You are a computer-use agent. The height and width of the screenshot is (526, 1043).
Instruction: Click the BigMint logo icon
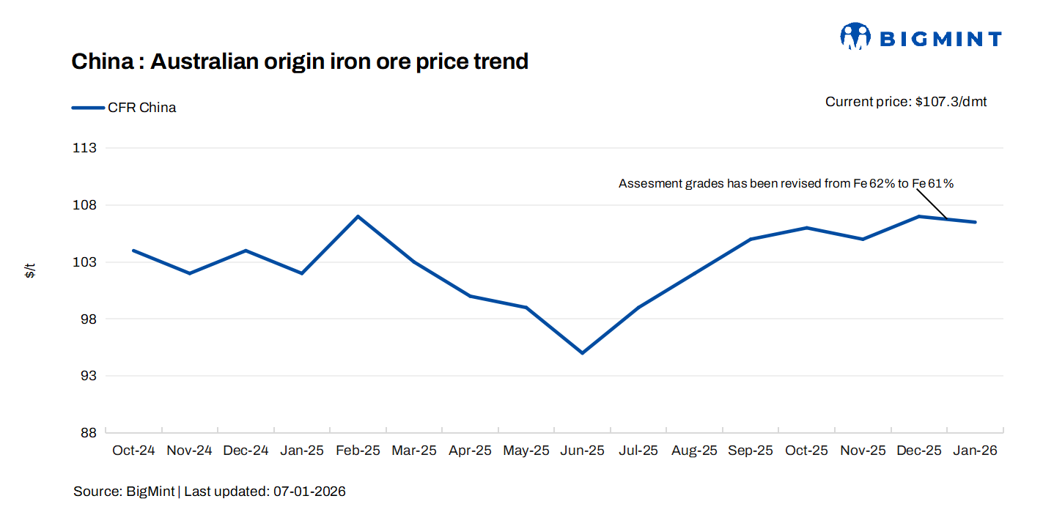point(855,37)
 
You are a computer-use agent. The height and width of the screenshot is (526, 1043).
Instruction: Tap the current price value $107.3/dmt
point(951,102)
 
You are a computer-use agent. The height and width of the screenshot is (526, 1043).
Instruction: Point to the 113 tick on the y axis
point(86,148)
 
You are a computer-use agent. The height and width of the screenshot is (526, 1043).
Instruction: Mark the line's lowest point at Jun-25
point(582,353)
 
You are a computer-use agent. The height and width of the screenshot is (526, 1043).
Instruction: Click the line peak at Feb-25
point(358,216)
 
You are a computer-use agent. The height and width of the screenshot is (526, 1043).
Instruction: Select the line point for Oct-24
point(133,251)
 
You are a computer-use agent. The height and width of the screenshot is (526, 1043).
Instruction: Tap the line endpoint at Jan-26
point(975,222)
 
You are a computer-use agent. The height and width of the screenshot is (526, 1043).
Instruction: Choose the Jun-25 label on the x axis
point(582,451)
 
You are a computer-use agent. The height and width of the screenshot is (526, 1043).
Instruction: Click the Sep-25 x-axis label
point(751,451)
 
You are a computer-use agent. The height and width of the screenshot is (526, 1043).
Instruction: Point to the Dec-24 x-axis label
point(246,451)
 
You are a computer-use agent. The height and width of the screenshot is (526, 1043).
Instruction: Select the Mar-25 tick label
point(414,451)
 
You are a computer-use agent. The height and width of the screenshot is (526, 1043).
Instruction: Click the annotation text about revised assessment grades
point(786,183)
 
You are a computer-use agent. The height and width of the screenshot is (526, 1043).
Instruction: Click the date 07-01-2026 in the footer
point(309,492)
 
